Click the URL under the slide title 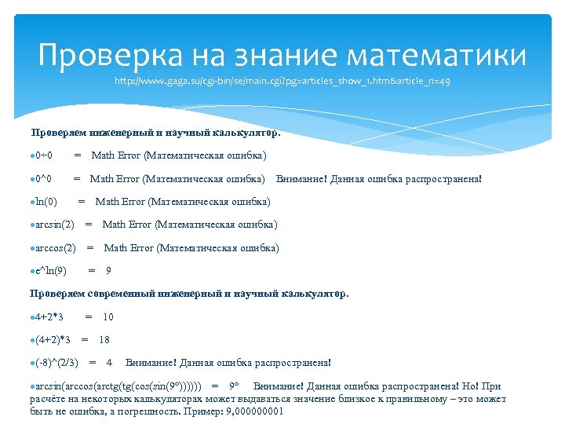point(282,81)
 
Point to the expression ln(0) point(45,202)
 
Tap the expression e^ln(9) point(49,271)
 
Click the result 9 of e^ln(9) point(108,271)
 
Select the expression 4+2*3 point(49,316)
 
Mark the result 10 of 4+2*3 point(108,316)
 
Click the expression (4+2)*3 point(53,340)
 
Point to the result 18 point(104,340)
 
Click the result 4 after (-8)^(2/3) point(109,363)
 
